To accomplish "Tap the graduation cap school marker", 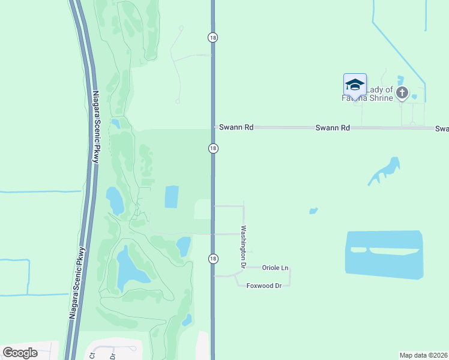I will [x=355, y=85].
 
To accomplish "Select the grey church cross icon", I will [x=402, y=93].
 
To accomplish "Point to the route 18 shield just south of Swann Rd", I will [x=213, y=148].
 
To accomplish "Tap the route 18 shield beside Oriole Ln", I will [x=213, y=258].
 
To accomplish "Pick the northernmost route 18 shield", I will [x=213, y=37].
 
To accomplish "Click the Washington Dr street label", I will [x=244, y=246].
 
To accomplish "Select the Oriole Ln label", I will [x=276, y=268].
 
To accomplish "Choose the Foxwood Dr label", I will [x=264, y=286].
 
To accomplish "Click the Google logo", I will [x=20, y=353].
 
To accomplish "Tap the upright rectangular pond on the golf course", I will [x=172, y=197].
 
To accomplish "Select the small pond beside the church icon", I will [x=414, y=97].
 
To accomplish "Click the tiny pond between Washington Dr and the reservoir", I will [x=313, y=211].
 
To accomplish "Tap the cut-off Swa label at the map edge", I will [x=442, y=128].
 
